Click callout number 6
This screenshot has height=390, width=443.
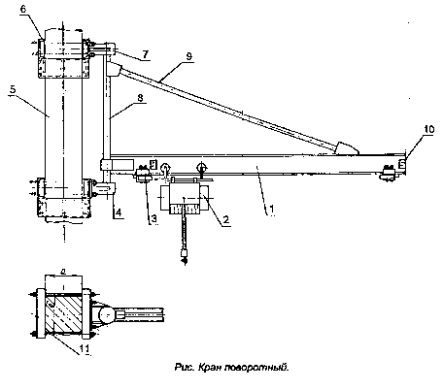[x=23, y=9]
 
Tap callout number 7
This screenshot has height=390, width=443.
[x=146, y=54]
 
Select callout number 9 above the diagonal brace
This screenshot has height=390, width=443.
[x=188, y=56]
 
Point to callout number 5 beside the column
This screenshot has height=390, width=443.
[x=13, y=89]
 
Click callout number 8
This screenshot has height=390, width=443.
[x=140, y=98]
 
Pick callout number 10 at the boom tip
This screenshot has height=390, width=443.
[x=428, y=129]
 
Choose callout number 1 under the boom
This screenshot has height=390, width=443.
[x=272, y=209]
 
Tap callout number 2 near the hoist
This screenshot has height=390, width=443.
[x=226, y=219]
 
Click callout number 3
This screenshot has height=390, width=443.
[x=154, y=219]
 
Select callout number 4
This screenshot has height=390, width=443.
[x=119, y=212]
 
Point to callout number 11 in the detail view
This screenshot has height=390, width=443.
[x=85, y=348]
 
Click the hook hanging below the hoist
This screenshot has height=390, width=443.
[x=185, y=257]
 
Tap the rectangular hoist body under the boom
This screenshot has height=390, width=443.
[x=185, y=198]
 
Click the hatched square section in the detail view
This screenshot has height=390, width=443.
[x=63, y=313]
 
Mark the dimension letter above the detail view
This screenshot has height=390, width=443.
[x=63, y=273]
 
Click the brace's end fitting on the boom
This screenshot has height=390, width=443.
[x=346, y=148]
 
